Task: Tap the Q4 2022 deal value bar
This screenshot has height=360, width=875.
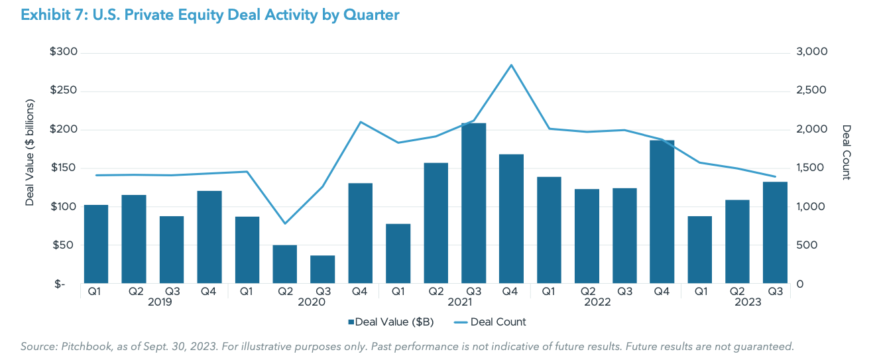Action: [662, 211]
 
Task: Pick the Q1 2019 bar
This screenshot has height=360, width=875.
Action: [96, 244]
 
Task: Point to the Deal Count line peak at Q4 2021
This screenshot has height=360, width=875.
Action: [511, 65]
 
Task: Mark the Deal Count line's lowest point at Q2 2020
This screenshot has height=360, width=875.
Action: [285, 223]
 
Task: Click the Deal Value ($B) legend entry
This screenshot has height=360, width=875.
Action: [390, 322]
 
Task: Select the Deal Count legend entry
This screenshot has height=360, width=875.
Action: [490, 322]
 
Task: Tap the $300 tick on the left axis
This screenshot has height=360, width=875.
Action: [64, 52]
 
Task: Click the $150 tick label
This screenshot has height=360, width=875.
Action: [64, 168]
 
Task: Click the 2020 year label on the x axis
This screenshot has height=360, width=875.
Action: [312, 302]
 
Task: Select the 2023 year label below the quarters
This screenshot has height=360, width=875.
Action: [747, 302]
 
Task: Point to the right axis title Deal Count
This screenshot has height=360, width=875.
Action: [846, 152]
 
